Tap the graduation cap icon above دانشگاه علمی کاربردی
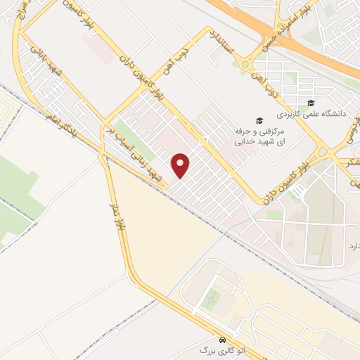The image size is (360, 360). click(311, 103)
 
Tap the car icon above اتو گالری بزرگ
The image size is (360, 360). click(222, 337)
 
